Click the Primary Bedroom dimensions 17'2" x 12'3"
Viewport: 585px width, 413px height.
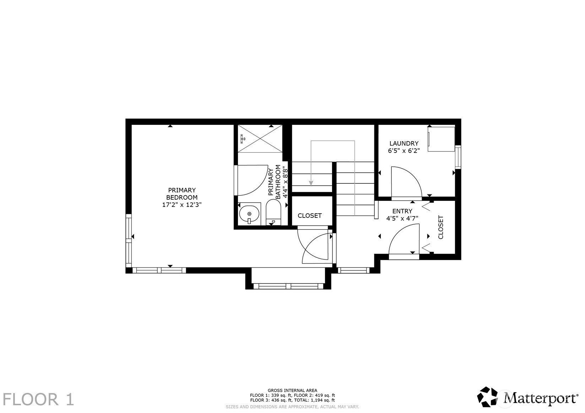[182, 205]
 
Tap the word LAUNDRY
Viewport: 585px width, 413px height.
[404, 143]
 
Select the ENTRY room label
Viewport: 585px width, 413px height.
[402, 211]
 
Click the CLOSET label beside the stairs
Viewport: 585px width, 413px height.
[309, 215]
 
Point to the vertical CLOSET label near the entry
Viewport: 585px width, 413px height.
[440, 227]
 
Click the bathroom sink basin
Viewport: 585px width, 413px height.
[249, 214]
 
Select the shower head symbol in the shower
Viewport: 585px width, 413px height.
[243, 139]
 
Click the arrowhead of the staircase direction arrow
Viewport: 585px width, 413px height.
[311, 183]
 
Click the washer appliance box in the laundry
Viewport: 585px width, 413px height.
[442, 139]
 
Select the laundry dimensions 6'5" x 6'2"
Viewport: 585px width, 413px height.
[404, 150]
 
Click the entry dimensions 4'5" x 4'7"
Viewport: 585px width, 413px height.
[402, 218]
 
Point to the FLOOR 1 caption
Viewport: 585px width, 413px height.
[38, 400]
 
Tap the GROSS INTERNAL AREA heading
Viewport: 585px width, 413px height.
[292, 390]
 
